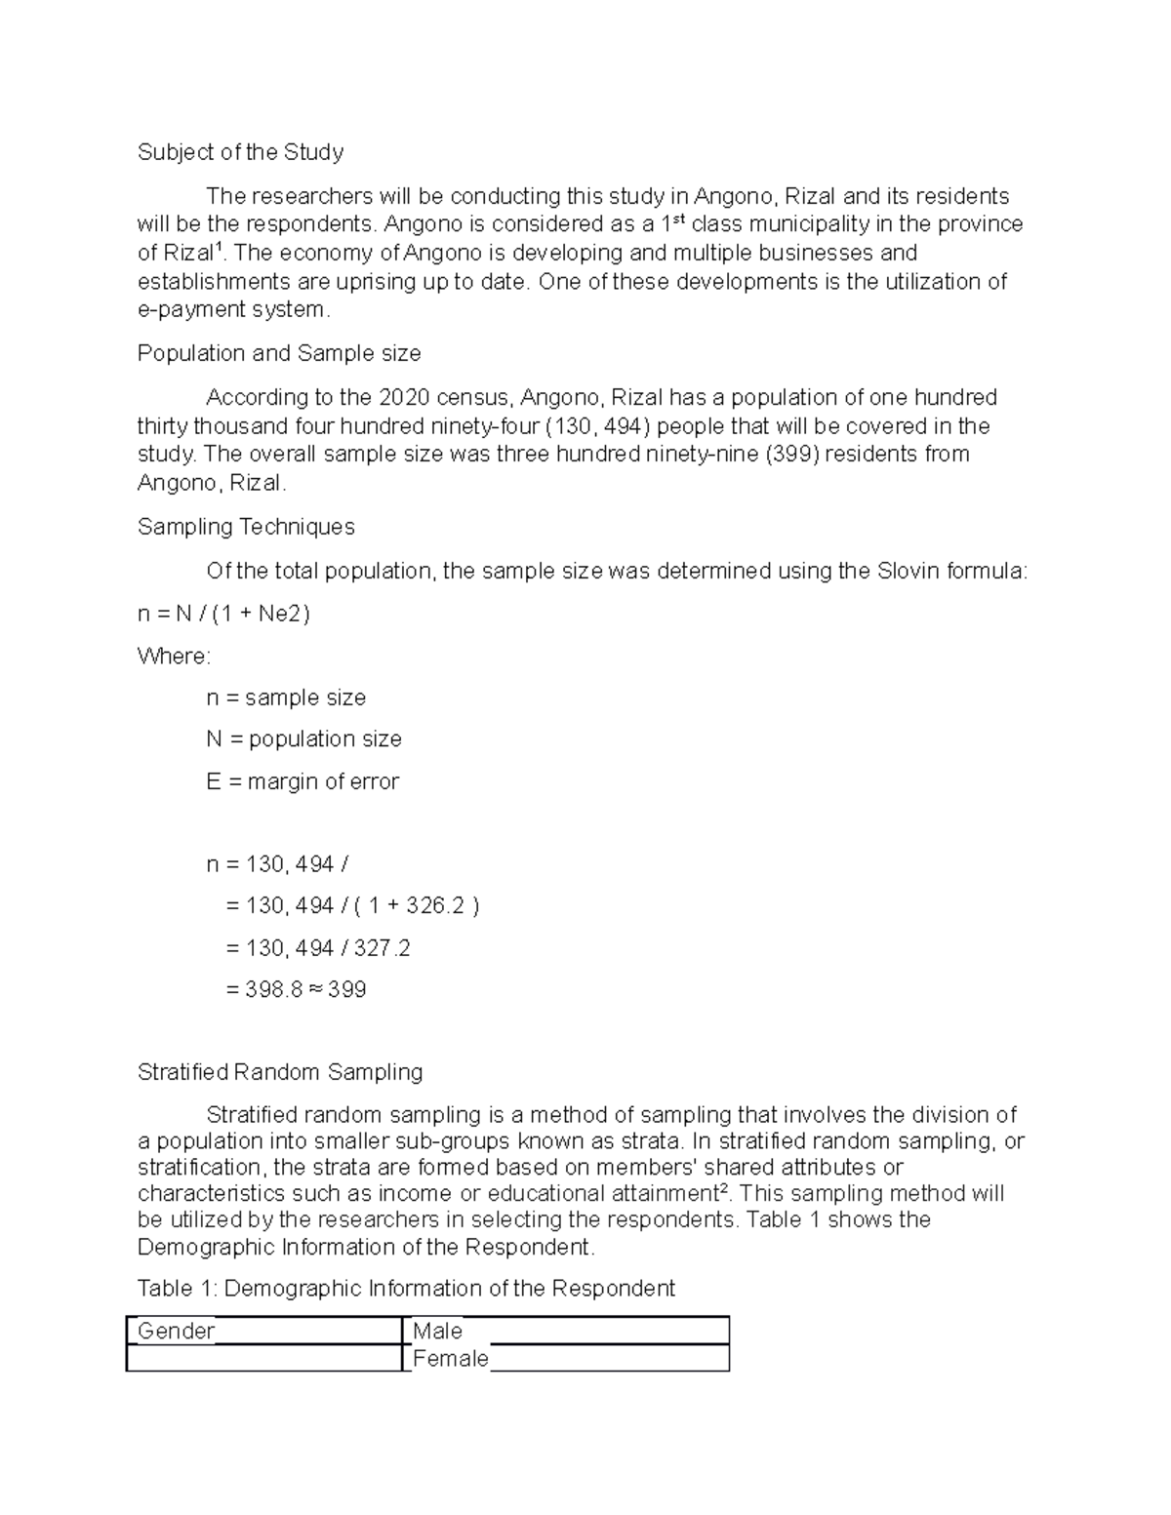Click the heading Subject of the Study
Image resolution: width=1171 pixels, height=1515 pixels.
[240, 152]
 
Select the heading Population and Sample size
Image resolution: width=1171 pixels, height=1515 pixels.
[279, 353]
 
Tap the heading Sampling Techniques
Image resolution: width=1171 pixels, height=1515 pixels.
[246, 527]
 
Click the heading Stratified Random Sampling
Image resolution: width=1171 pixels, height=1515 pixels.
[280, 1072]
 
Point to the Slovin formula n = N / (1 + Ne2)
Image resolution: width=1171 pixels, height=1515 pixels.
[223, 614]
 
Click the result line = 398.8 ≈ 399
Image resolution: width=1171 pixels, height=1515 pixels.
[296, 990]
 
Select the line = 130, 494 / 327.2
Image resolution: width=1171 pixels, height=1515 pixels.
[317, 948]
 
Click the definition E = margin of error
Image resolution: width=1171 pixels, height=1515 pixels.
[303, 781]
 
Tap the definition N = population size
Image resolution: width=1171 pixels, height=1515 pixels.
[303, 739]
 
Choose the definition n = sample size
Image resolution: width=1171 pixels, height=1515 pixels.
[286, 698]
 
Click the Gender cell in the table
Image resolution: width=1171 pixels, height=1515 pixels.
[177, 1331]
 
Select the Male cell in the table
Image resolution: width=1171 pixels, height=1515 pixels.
[437, 1331]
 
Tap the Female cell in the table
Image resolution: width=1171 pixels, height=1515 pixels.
[450, 1358]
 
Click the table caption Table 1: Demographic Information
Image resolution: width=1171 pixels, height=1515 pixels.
[406, 1289]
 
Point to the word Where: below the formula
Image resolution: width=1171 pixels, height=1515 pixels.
[174, 657]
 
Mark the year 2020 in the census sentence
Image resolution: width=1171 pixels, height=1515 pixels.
[403, 398]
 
